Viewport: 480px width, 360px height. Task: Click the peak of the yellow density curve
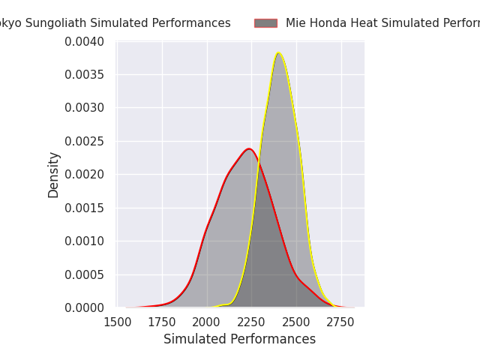(x=279, y=53)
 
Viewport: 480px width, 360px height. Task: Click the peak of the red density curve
(x=249, y=148)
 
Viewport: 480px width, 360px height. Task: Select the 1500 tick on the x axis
(x=117, y=322)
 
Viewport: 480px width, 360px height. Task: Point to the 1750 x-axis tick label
(x=162, y=322)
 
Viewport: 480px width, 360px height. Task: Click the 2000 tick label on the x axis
(x=207, y=322)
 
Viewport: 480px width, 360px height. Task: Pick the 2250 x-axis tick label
(x=251, y=322)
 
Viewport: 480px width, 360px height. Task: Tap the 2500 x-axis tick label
(x=296, y=322)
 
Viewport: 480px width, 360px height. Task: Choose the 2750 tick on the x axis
(x=341, y=322)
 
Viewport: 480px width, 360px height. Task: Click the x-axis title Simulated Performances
(x=240, y=340)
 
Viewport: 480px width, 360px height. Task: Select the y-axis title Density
(x=54, y=175)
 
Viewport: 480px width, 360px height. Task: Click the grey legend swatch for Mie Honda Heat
(x=265, y=23)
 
